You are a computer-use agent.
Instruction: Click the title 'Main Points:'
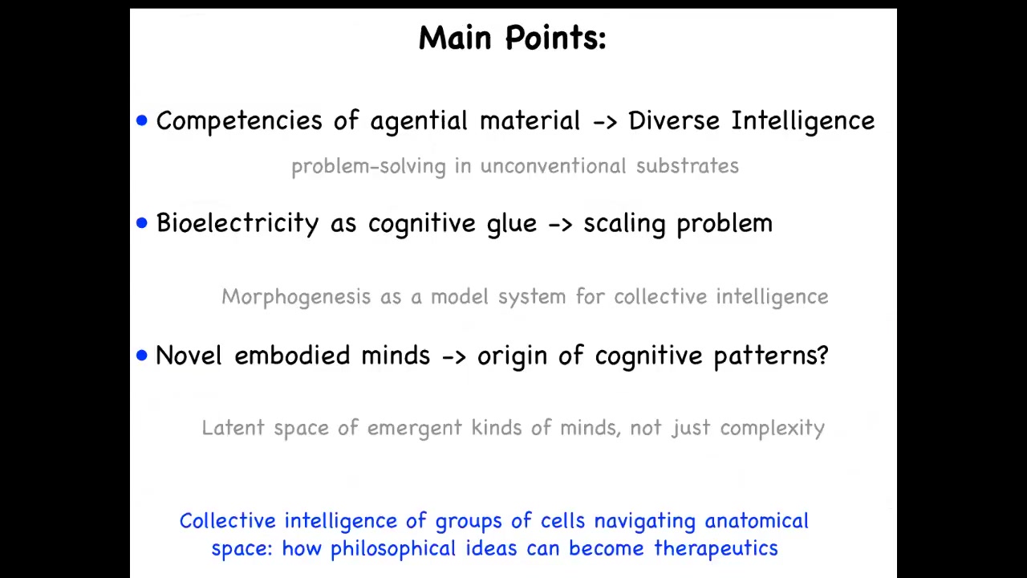click(x=513, y=38)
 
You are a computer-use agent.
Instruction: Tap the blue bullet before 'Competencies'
click(x=142, y=120)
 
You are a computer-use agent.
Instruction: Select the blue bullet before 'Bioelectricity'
click(x=142, y=223)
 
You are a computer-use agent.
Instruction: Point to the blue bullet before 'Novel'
click(x=142, y=356)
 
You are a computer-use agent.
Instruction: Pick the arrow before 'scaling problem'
click(x=560, y=225)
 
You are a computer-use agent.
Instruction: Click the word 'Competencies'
click(x=239, y=121)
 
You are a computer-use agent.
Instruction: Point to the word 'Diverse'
click(x=674, y=120)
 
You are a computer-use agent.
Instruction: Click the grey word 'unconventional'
click(x=553, y=165)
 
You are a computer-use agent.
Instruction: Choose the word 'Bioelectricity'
click(x=237, y=223)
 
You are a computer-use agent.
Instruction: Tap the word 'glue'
click(x=512, y=224)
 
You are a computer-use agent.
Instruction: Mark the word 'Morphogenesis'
click(x=296, y=297)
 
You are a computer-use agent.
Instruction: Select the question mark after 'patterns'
click(x=823, y=355)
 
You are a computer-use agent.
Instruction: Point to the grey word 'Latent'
click(x=233, y=428)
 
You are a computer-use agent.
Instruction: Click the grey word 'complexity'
click(x=773, y=429)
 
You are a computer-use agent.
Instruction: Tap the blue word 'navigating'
click(x=645, y=522)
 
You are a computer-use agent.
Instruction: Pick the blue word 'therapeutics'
click(x=716, y=548)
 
